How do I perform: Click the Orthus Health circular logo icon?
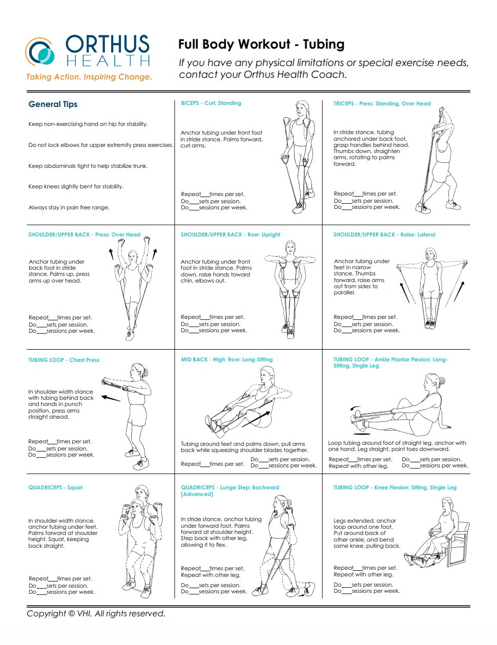pyautogui.click(x=40, y=52)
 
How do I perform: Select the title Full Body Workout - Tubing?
pyautogui.click(x=261, y=44)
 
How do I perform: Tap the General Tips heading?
pyautogui.click(x=53, y=104)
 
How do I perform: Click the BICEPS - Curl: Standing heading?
pyautogui.click(x=211, y=103)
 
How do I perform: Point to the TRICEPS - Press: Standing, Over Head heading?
pyautogui.click(x=382, y=103)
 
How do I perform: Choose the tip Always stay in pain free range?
pyautogui.click(x=69, y=207)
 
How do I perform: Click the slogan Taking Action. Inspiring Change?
pyautogui.click(x=89, y=77)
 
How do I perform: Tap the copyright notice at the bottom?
pyautogui.click(x=96, y=613)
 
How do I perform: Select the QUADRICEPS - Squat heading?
pyautogui.click(x=55, y=487)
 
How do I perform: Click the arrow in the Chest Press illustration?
pyautogui.click(x=111, y=398)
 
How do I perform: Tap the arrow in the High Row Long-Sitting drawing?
pyautogui.click(x=256, y=419)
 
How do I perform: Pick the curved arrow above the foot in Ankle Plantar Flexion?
pyautogui.click(x=355, y=408)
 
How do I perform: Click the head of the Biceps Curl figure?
pyautogui.click(x=301, y=109)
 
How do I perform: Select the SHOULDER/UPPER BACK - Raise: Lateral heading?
pyautogui.click(x=384, y=234)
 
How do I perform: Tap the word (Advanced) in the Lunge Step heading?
pyautogui.click(x=197, y=494)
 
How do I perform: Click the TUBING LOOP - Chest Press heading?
pyautogui.click(x=64, y=360)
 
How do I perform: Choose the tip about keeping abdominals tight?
pyautogui.click(x=88, y=166)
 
